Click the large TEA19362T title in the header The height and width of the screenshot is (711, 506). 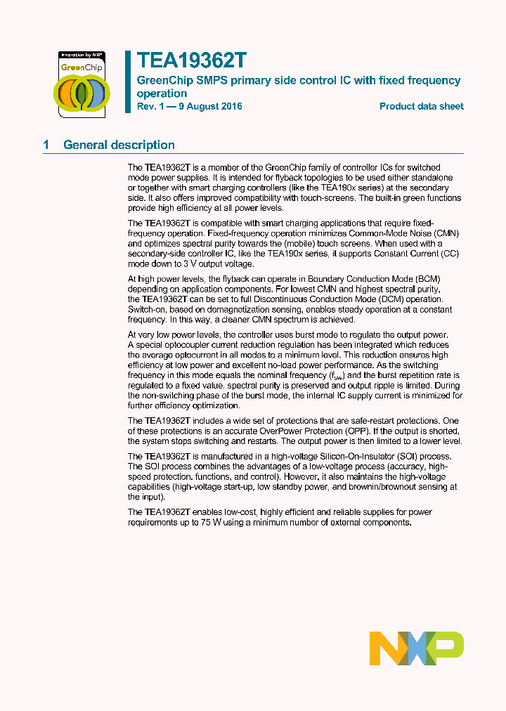(x=190, y=61)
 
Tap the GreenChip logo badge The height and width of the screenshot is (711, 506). (x=81, y=84)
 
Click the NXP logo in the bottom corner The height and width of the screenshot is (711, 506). (x=416, y=648)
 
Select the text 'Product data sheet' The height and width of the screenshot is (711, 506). (x=421, y=107)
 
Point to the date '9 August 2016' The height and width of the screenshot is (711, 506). (x=209, y=107)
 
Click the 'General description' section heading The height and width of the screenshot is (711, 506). (x=119, y=145)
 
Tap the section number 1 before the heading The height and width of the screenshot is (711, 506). (x=46, y=145)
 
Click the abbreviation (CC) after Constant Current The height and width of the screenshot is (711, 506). (x=450, y=254)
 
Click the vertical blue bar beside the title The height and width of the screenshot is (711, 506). (x=128, y=81)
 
